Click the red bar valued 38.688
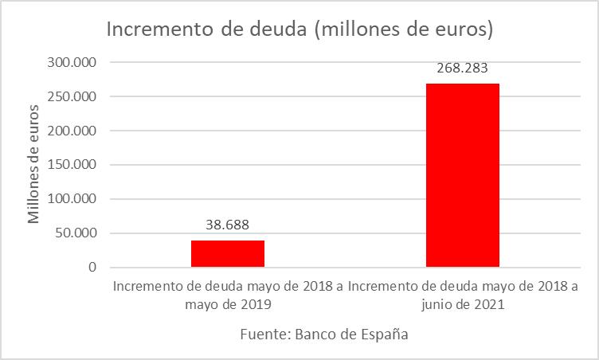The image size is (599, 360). click(x=228, y=253)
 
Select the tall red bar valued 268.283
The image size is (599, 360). click(x=463, y=175)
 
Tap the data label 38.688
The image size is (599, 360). click(x=228, y=225)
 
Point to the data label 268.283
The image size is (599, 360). click(x=463, y=68)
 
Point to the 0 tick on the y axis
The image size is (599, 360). click(x=92, y=268)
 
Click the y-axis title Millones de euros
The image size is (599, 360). click(x=33, y=164)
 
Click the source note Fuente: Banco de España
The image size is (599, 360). click(x=323, y=335)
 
